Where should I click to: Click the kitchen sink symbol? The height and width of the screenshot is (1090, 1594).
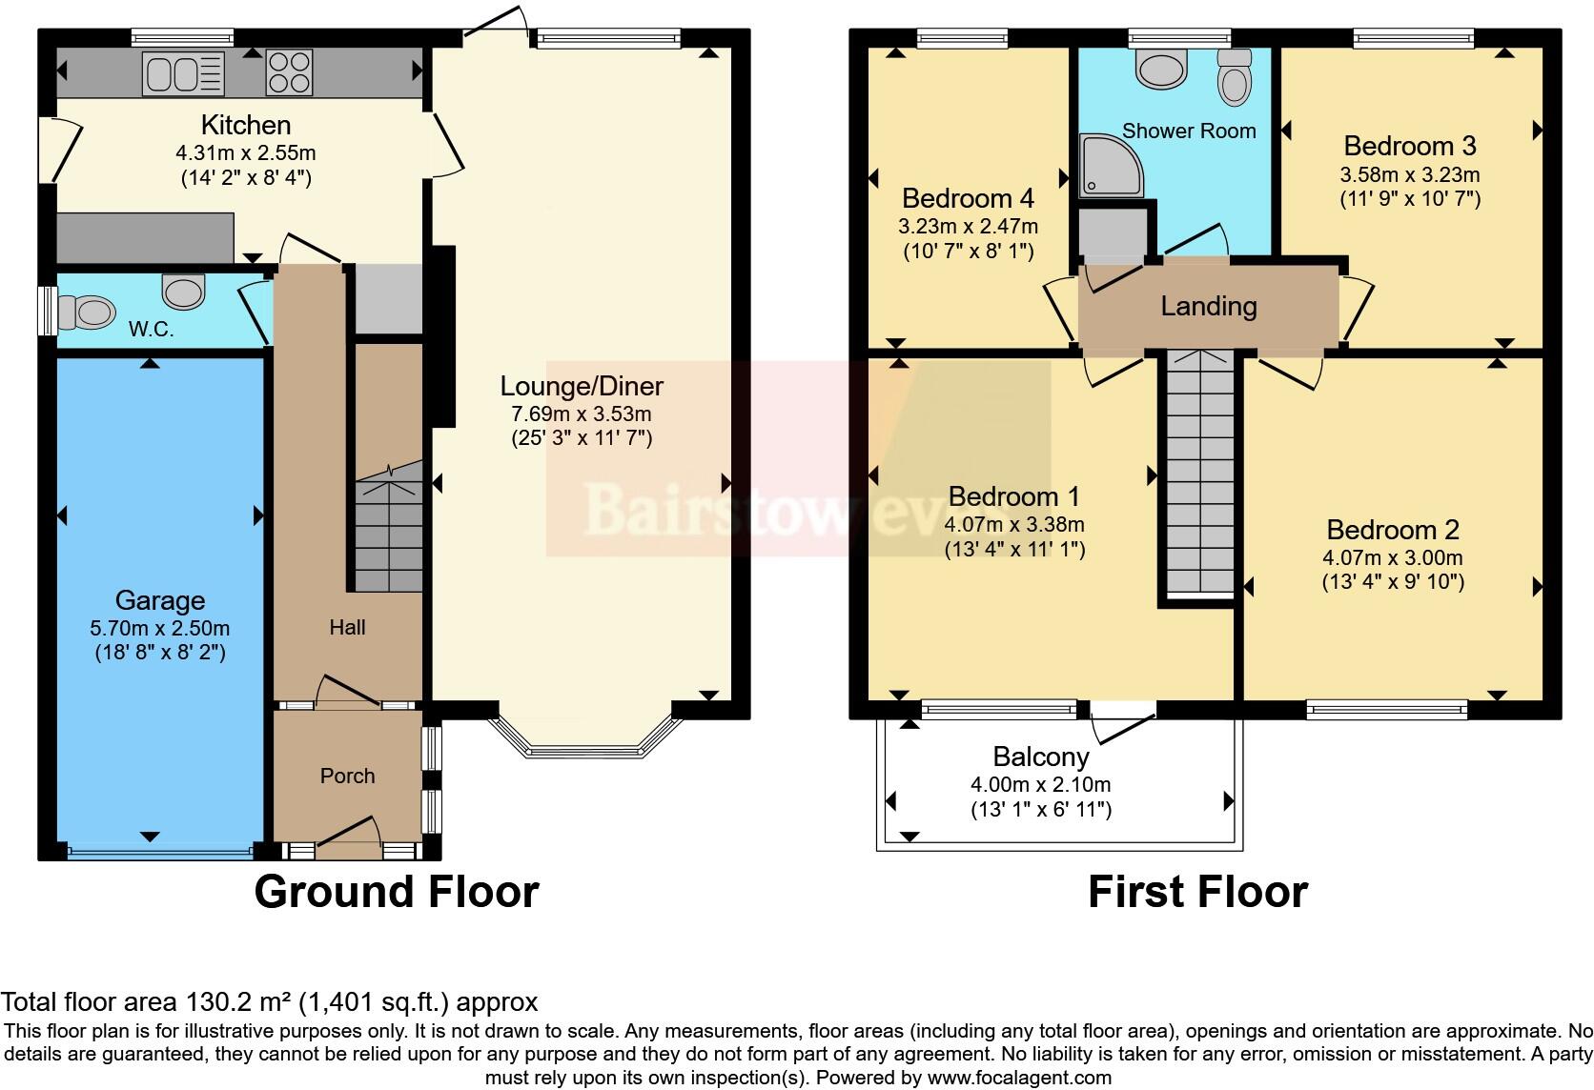tap(183, 73)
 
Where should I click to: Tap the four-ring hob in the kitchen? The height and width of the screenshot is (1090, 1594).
tap(289, 72)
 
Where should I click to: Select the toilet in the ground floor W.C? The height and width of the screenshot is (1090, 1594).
tap(84, 311)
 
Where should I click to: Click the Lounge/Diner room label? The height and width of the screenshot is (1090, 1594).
tap(582, 386)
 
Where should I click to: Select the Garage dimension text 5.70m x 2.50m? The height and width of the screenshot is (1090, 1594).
tap(160, 628)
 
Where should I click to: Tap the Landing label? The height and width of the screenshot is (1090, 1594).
tap(1208, 306)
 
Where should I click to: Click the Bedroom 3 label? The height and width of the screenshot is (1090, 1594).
tap(1409, 146)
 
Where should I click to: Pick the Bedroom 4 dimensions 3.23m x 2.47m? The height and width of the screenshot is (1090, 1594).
tap(968, 227)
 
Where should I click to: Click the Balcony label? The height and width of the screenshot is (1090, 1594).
tap(1040, 757)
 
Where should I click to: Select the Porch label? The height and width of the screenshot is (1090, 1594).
tap(347, 776)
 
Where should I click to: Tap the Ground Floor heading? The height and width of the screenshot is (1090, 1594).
tap(397, 891)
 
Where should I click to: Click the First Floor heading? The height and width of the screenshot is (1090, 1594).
tap(1197, 891)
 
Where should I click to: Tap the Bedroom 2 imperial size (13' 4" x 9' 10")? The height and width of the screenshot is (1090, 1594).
tap(1392, 581)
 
